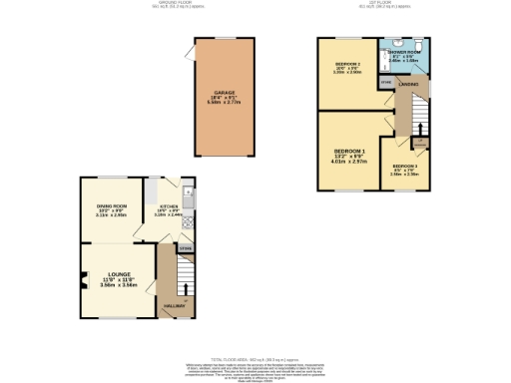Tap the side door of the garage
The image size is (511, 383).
pyautogui.click(x=189, y=59)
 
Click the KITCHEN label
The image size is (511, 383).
pyautogui.click(x=169, y=206)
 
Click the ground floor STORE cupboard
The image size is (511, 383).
pyautogui.click(x=185, y=245)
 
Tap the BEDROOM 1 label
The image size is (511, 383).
pyautogui.click(x=351, y=151)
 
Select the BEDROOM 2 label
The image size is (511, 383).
pyautogui.click(x=345, y=65)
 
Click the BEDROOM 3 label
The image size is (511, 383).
pyautogui.click(x=404, y=167)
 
